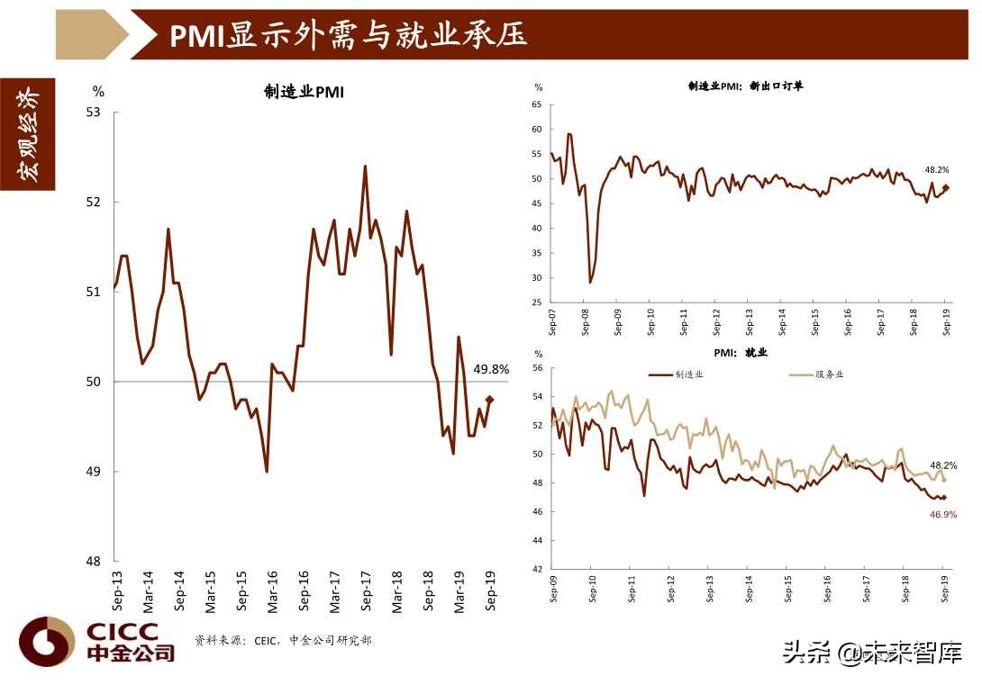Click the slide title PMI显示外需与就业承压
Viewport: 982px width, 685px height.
pyautogui.click(x=348, y=34)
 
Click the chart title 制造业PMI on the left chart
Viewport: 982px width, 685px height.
pyautogui.click(x=304, y=92)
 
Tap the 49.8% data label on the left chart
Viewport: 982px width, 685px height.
pyautogui.click(x=491, y=369)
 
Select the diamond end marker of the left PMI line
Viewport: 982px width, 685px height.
pyautogui.click(x=490, y=400)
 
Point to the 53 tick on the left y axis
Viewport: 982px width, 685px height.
pyautogui.click(x=92, y=113)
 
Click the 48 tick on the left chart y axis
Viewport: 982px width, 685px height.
pyautogui.click(x=92, y=562)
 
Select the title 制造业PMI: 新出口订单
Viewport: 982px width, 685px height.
pyautogui.click(x=745, y=86)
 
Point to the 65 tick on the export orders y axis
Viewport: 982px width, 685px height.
pyautogui.click(x=536, y=105)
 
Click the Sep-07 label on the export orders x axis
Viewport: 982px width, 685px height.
pyautogui.click(x=551, y=322)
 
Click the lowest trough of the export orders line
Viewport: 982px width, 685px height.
pyautogui.click(x=590, y=283)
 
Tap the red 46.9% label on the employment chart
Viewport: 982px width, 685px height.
pyautogui.click(x=941, y=514)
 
